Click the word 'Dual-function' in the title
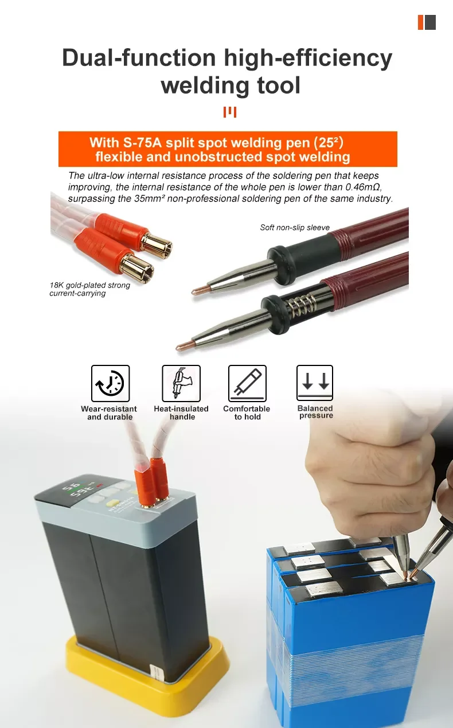(x=139, y=58)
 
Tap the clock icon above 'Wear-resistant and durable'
(x=111, y=383)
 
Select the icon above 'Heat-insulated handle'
(x=181, y=383)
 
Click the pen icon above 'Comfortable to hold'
(x=247, y=383)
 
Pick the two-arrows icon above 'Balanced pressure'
(x=315, y=383)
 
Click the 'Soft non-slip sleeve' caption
(x=295, y=228)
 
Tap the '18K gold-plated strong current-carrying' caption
(x=89, y=289)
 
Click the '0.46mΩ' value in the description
(x=364, y=187)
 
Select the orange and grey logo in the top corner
(x=427, y=22)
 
